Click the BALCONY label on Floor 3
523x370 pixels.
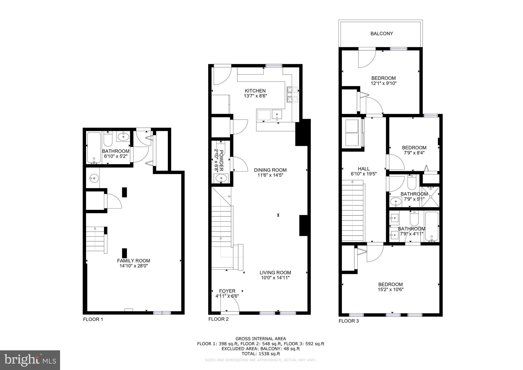click(382, 33)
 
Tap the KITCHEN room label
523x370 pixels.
click(255, 91)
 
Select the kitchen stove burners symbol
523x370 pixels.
click(293, 95)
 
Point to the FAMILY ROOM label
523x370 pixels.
click(133, 261)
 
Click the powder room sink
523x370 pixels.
click(221, 178)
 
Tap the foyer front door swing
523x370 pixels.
click(231, 304)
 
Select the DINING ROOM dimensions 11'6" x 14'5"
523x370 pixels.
click(270, 175)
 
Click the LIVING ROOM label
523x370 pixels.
click(275, 273)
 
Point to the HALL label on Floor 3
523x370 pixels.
click(364, 169)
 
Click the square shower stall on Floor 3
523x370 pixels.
click(431, 197)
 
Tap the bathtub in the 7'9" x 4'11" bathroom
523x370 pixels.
click(432, 226)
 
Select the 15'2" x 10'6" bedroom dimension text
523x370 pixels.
click(390, 290)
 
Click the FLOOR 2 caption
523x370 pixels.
click(218, 319)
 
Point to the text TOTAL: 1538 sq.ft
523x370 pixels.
click(261, 354)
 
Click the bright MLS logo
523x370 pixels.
click(30, 360)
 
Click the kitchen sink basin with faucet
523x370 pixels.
click(277, 115)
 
